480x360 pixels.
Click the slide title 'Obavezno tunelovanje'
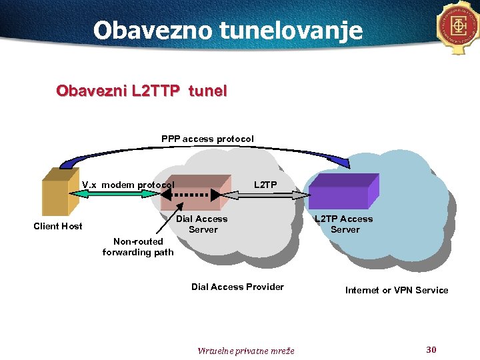click(228, 30)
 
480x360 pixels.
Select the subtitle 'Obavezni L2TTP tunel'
click(141, 91)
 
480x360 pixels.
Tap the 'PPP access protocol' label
click(207, 139)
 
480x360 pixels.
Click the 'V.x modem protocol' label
click(128, 185)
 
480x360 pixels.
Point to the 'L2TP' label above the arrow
click(265, 185)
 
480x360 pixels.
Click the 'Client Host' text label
click(58, 226)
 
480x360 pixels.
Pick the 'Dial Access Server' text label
click(203, 224)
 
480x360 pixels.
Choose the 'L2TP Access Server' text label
click(344, 224)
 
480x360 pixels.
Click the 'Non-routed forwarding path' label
click(138, 247)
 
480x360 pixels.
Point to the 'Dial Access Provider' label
click(237, 287)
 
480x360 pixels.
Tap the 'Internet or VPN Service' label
click(397, 290)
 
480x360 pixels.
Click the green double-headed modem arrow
click(113, 193)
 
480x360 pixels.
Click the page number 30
click(431, 350)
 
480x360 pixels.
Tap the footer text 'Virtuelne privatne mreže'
click(246, 351)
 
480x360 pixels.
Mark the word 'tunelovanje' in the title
click(297, 30)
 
